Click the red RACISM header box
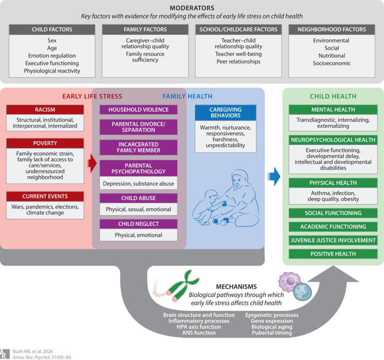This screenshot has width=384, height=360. tap(45, 109)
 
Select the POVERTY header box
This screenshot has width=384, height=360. tap(45, 143)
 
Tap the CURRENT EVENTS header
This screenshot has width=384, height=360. tap(45, 196)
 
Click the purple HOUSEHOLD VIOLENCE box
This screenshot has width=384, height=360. tap(138, 109)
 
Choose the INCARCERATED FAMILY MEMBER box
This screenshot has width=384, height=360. tap(138, 147)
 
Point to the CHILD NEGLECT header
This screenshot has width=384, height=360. tap(138, 224)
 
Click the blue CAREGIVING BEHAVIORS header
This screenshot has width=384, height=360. tap(225, 112)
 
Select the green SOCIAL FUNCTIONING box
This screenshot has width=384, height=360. tap(333, 213)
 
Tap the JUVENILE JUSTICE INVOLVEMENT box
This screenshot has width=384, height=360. tap(333, 240)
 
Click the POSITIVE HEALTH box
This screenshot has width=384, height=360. tap(333, 254)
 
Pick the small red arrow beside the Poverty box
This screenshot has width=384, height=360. tap(92, 163)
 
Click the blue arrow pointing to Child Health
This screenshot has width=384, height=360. tap(274, 176)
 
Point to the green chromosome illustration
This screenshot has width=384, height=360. tap(183, 285)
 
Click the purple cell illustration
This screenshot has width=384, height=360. tap(289, 282)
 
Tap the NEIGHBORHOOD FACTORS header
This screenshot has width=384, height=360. tap(332, 29)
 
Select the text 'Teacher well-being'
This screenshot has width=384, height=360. tap(238, 54)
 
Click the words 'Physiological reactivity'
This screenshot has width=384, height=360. tap(52, 71)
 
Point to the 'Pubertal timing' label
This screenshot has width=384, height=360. tap(272, 332)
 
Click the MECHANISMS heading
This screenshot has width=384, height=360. tap(236, 287)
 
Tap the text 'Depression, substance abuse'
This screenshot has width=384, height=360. tap(138, 183)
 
